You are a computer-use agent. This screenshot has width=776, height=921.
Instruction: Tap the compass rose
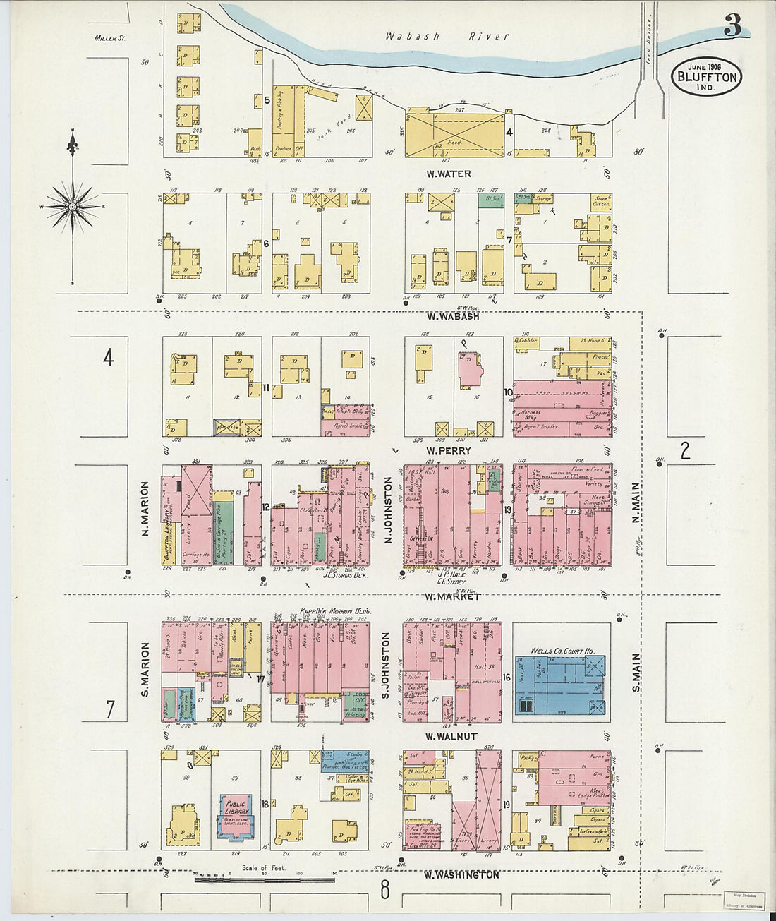point(72,206)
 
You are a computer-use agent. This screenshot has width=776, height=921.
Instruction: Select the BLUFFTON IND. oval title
point(706,76)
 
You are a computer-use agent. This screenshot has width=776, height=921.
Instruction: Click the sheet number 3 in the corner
point(732,26)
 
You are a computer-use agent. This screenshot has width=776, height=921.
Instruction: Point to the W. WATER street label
point(448,174)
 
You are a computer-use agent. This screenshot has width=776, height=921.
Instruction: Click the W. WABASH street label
point(451,316)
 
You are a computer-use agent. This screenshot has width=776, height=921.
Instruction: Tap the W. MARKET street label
point(451,596)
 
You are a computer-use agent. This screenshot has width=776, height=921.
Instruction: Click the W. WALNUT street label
point(451,736)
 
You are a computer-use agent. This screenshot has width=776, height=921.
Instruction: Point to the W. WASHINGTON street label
point(461,875)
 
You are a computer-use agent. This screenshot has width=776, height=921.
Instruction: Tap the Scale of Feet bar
point(264,879)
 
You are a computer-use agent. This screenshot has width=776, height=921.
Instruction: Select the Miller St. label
point(109,37)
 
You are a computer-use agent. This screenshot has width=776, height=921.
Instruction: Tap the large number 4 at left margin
point(108,358)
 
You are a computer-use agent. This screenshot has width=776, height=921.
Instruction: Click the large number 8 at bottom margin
point(384,891)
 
